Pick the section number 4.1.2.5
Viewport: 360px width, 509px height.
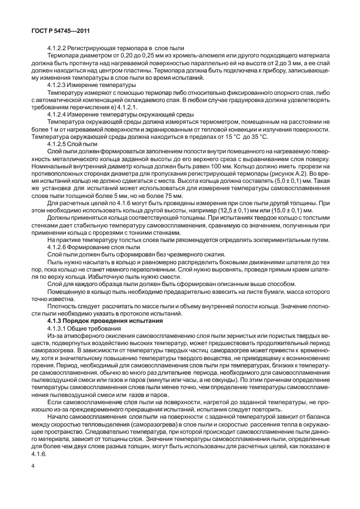[60, 143]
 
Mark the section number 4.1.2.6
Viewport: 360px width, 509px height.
[60, 246]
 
